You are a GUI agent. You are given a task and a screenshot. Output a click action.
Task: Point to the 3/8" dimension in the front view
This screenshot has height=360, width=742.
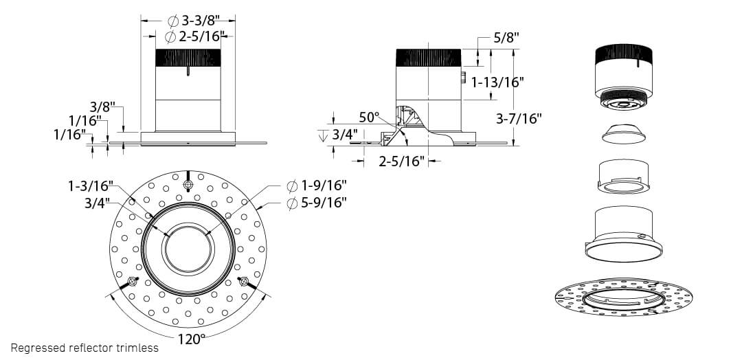[102, 107]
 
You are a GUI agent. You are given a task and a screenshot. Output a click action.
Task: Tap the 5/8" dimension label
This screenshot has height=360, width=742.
[506, 38]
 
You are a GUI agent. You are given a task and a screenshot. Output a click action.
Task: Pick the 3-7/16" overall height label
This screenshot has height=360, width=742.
[519, 118]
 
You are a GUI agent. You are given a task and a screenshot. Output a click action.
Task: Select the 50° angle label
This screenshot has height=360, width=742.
[369, 117]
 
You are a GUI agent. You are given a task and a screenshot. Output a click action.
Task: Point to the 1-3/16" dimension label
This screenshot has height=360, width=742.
[90, 185]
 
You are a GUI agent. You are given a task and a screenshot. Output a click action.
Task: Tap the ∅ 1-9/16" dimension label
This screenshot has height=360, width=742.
[316, 185]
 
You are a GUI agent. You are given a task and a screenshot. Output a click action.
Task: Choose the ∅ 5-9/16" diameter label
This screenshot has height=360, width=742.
[316, 202]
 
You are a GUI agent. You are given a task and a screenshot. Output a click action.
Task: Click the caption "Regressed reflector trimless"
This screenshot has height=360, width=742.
[85, 348]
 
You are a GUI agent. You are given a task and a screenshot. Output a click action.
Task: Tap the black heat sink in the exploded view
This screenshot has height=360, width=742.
[622, 54]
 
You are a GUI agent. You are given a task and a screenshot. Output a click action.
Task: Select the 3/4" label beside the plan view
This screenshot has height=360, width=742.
[97, 203]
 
